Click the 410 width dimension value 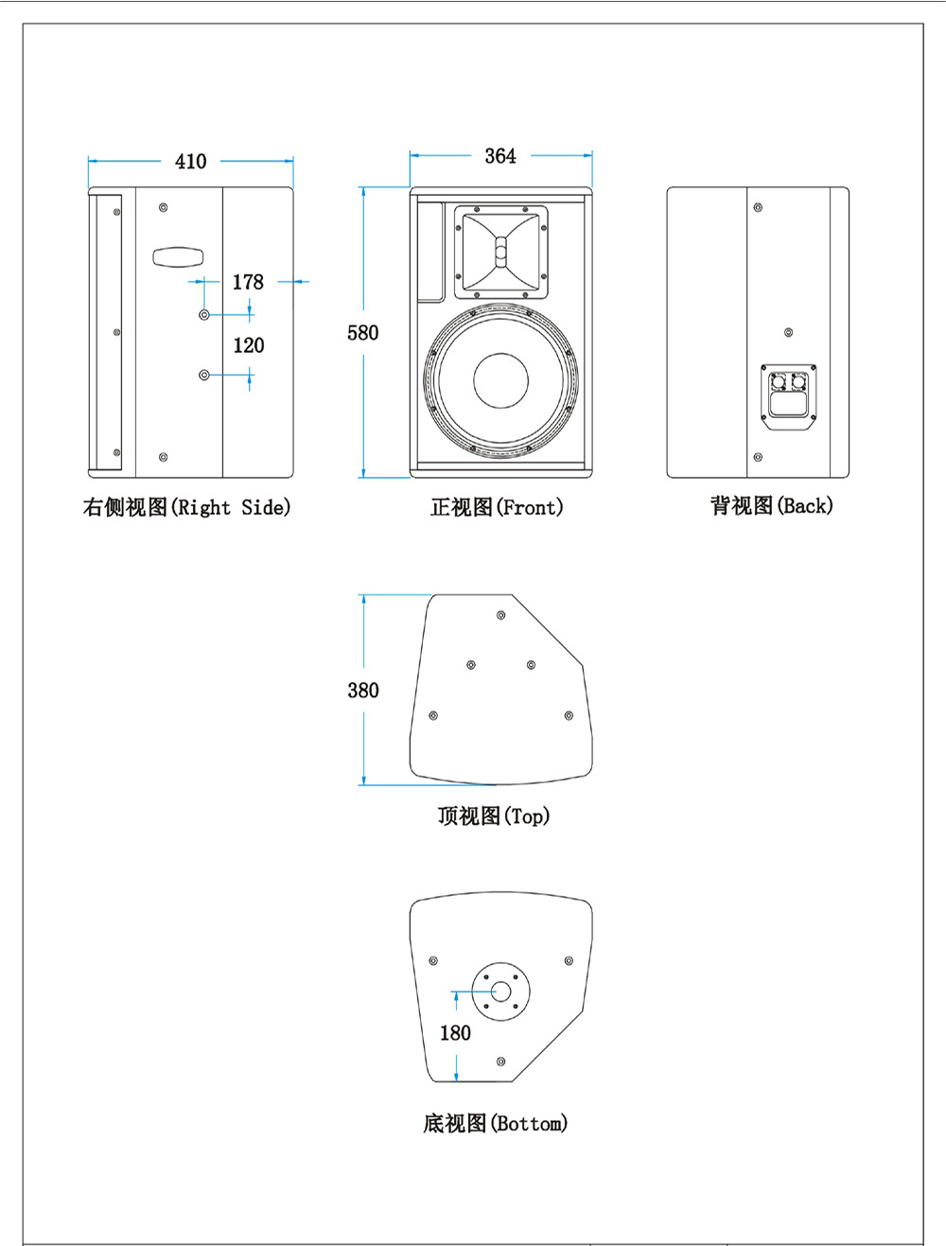point(190,162)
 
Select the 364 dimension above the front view point(500,156)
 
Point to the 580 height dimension point(362,333)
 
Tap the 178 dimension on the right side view point(248,282)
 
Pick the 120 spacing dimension point(249,345)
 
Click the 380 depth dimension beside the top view point(363,691)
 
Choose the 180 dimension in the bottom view point(455,1033)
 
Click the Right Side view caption point(186,508)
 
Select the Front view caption point(497,508)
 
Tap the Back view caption point(772,506)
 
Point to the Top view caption point(493,816)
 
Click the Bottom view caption point(495,1123)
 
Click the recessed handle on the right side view point(178,257)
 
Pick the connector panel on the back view point(789,397)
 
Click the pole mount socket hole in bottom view point(500,992)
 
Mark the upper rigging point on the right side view point(204,314)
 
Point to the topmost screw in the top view point(501,615)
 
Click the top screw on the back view point(758,207)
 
